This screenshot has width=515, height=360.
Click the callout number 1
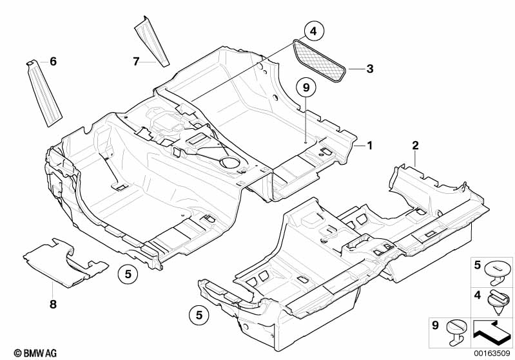click(x=369, y=146)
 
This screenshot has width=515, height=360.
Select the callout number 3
click(x=369, y=68)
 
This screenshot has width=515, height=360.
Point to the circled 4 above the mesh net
click(x=313, y=31)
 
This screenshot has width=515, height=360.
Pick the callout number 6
click(x=53, y=61)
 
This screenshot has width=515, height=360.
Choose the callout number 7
click(x=136, y=61)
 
